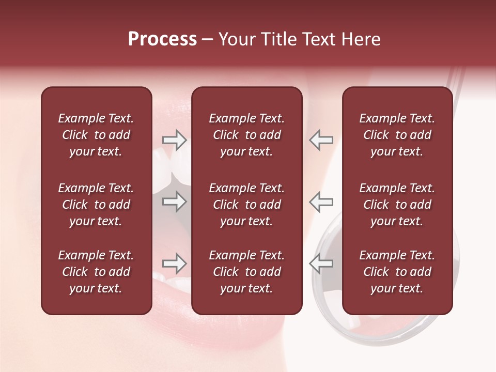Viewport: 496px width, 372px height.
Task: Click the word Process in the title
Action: (x=162, y=39)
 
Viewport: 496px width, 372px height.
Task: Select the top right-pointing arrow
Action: (x=175, y=140)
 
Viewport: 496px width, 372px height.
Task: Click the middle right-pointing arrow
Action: (x=175, y=202)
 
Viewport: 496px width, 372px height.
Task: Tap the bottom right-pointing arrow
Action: (x=175, y=264)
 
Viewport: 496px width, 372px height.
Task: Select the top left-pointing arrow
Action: (x=321, y=140)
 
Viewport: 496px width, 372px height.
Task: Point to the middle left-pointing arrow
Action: (x=321, y=202)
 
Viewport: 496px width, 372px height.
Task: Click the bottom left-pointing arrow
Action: (x=321, y=264)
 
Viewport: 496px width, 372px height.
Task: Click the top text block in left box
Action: (x=96, y=135)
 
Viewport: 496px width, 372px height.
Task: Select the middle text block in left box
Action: (x=96, y=205)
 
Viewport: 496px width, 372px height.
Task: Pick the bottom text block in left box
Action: (x=96, y=272)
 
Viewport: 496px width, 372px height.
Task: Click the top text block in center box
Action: (x=246, y=135)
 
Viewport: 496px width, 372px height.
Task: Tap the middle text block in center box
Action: (x=246, y=205)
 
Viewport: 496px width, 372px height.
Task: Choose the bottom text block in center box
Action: (x=246, y=272)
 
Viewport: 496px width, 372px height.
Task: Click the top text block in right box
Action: (x=397, y=135)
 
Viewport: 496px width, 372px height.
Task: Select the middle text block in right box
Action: (x=397, y=205)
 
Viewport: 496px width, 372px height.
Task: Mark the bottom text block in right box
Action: (x=397, y=272)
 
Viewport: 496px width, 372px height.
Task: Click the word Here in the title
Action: (x=362, y=39)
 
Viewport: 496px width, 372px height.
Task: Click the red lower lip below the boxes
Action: (x=207, y=331)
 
